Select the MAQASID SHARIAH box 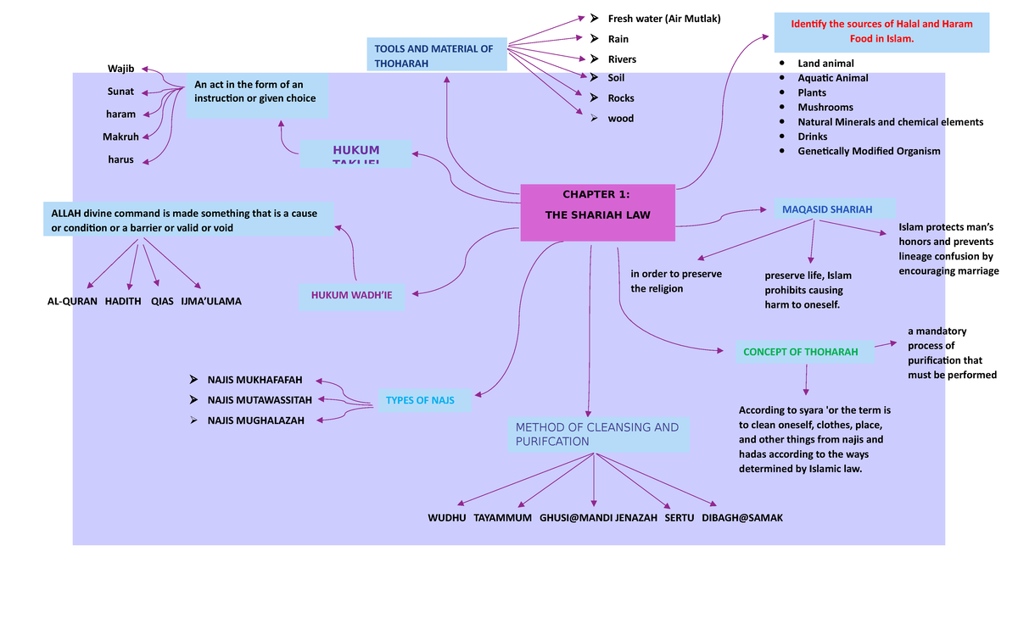[x=833, y=209]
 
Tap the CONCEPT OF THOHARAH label [x=805, y=352]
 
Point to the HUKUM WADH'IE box [x=351, y=295]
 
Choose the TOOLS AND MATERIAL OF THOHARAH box [x=436, y=55]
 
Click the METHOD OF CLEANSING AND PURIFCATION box [x=598, y=434]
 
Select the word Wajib [x=120, y=68]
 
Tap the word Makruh [x=120, y=136]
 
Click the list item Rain [x=618, y=39]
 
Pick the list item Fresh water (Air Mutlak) [x=663, y=19]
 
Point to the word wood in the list [x=620, y=119]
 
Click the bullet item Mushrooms [x=825, y=107]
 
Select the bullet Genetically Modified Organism [x=868, y=151]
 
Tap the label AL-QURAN [x=72, y=301]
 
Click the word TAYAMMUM [x=502, y=517]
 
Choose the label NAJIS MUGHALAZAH [x=255, y=420]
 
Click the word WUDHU [x=446, y=517]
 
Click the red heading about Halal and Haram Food [x=881, y=31]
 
